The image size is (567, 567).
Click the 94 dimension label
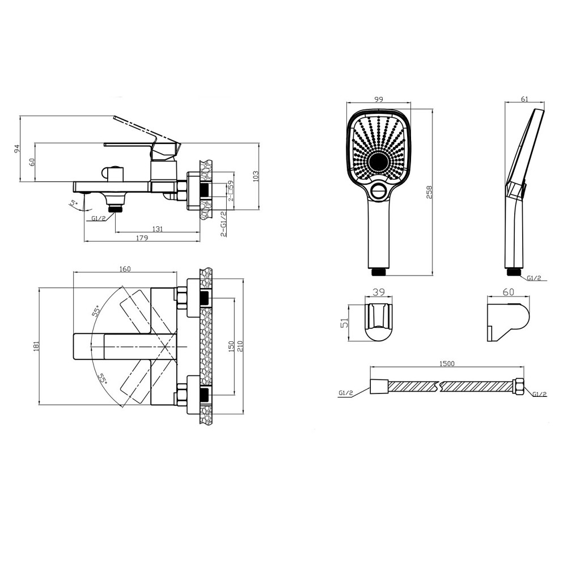(x=16, y=148)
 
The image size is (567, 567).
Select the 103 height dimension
(x=256, y=176)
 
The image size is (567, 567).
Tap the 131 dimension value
(x=158, y=229)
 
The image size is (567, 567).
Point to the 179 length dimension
(x=142, y=238)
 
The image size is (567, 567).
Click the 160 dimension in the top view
(x=125, y=269)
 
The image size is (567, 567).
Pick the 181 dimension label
(x=36, y=346)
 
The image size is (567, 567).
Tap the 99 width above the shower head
(x=379, y=99)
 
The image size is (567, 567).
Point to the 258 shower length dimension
(x=429, y=192)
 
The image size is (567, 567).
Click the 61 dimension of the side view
(x=525, y=99)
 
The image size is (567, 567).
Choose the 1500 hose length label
(x=447, y=363)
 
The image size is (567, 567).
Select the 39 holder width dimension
(x=379, y=292)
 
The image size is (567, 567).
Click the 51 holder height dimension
(x=344, y=322)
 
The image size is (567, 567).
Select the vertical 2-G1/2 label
(x=224, y=224)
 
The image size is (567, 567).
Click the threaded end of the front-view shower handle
(x=379, y=272)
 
